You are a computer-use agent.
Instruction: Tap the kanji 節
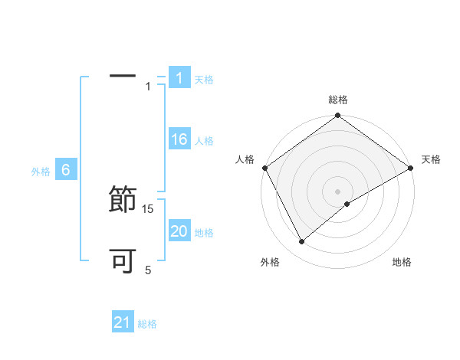click(123, 201)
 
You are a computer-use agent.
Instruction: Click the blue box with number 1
click(179, 78)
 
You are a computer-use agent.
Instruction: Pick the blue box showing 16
click(179, 139)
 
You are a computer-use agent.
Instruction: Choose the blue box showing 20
click(179, 231)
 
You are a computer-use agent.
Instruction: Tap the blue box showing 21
click(123, 322)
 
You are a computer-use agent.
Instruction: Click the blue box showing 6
click(66, 171)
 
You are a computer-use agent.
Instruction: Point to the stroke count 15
click(149, 208)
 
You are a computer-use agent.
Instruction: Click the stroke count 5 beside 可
click(149, 270)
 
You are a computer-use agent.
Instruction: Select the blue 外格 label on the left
click(41, 172)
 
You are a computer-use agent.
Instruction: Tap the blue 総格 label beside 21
click(147, 324)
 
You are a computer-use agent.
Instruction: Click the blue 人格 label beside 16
click(204, 141)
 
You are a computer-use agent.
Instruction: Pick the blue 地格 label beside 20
click(204, 233)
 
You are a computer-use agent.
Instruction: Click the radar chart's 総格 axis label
click(338, 100)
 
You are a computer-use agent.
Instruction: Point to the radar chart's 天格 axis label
click(432, 159)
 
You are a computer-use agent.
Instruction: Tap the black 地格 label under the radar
click(402, 263)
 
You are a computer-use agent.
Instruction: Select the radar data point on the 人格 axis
click(264, 168)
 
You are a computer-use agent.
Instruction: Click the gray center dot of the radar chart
click(338, 191)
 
